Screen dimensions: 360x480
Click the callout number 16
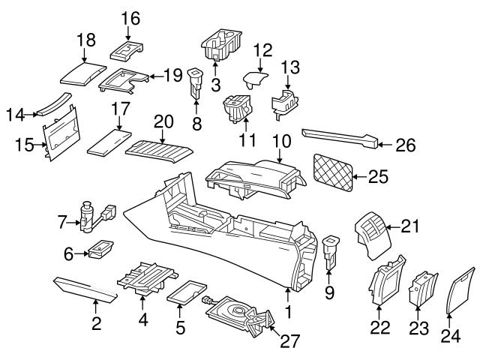(x=130, y=16)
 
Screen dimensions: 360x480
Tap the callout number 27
(x=289, y=342)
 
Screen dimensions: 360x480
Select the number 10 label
(x=280, y=140)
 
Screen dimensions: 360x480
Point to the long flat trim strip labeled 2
(x=85, y=289)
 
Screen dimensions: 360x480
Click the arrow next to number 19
(x=153, y=76)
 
